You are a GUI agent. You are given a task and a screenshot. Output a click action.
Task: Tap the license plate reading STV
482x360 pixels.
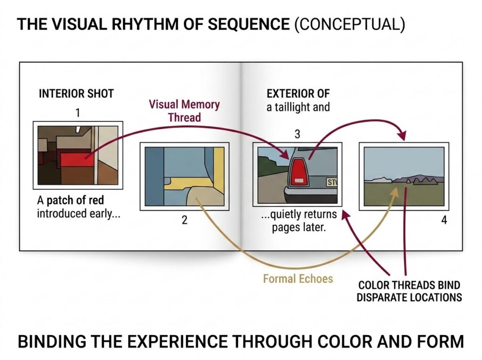[x=332, y=183]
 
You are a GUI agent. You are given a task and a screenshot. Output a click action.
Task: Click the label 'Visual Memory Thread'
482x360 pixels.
[x=185, y=111]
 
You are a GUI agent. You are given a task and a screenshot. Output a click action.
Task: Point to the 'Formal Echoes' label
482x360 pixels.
[x=298, y=279]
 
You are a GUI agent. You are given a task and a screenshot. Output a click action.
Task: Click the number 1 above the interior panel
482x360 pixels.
[x=78, y=113]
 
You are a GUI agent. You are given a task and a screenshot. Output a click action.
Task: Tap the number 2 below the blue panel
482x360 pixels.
[x=185, y=220]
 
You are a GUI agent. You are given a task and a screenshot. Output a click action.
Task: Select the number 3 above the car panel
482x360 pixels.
[x=297, y=134]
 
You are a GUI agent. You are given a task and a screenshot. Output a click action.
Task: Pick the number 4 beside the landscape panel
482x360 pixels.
[x=444, y=220]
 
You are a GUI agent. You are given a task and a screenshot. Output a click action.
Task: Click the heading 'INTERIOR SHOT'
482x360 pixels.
[x=76, y=94]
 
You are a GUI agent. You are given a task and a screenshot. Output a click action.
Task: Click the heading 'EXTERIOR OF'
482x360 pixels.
[x=298, y=93]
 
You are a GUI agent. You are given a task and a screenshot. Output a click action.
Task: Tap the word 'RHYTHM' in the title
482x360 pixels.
[x=145, y=24]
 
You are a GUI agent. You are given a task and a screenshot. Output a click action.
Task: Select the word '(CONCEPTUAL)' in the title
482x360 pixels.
[x=349, y=24]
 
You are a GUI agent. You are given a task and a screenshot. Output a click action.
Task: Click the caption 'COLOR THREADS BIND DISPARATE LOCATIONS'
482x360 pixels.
[x=409, y=291]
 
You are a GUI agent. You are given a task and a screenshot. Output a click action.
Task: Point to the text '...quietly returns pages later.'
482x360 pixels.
[x=298, y=220]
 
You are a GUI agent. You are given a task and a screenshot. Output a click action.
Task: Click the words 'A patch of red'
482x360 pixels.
[x=71, y=200]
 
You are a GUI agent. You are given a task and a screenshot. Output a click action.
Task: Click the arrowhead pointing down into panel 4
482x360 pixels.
[x=402, y=135]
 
